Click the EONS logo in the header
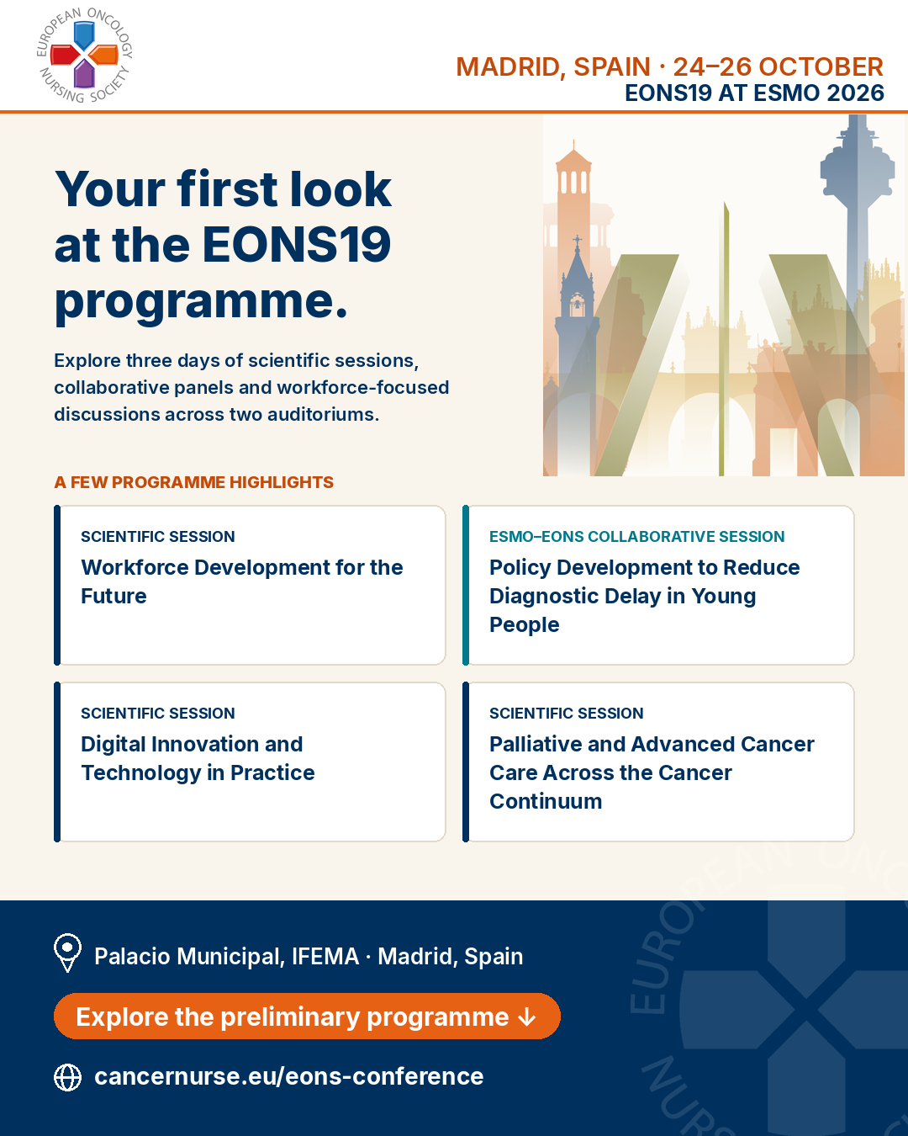[x=84, y=56]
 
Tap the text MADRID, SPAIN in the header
[x=553, y=67]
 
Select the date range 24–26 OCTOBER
[x=779, y=67]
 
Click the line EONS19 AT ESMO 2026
[x=754, y=93]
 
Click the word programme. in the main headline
[x=201, y=303]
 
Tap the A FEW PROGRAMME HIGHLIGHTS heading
[x=193, y=482]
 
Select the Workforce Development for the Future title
[x=241, y=581]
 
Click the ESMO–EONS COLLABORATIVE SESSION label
[x=636, y=536]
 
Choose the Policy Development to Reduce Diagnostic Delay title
[x=644, y=596]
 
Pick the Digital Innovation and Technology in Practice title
[x=198, y=758]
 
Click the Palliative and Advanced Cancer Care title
[x=652, y=772]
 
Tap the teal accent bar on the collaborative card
[x=466, y=585]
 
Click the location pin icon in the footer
[x=67, y=953]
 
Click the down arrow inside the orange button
[x=527, y=1017]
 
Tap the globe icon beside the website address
[x=67, y=1077]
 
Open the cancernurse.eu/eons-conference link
[x=288, y=1077]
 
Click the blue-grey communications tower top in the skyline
[x=858, y=158]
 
